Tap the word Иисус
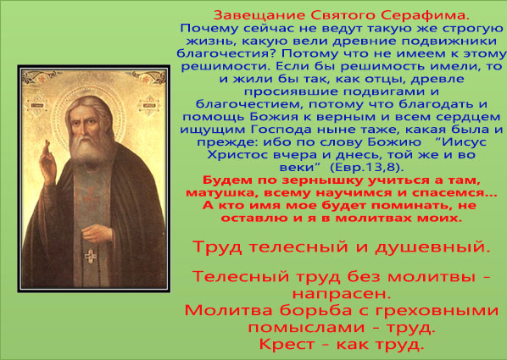tap(464, 141)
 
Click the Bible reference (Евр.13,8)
tap(366, 167)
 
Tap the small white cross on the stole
tap(91, 256)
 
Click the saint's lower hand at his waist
tap(96, 233)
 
